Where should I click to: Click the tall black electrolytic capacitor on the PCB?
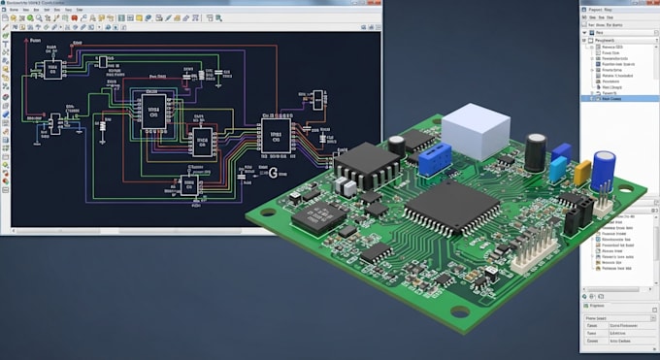pyautogui.click(x=536, y=152)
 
